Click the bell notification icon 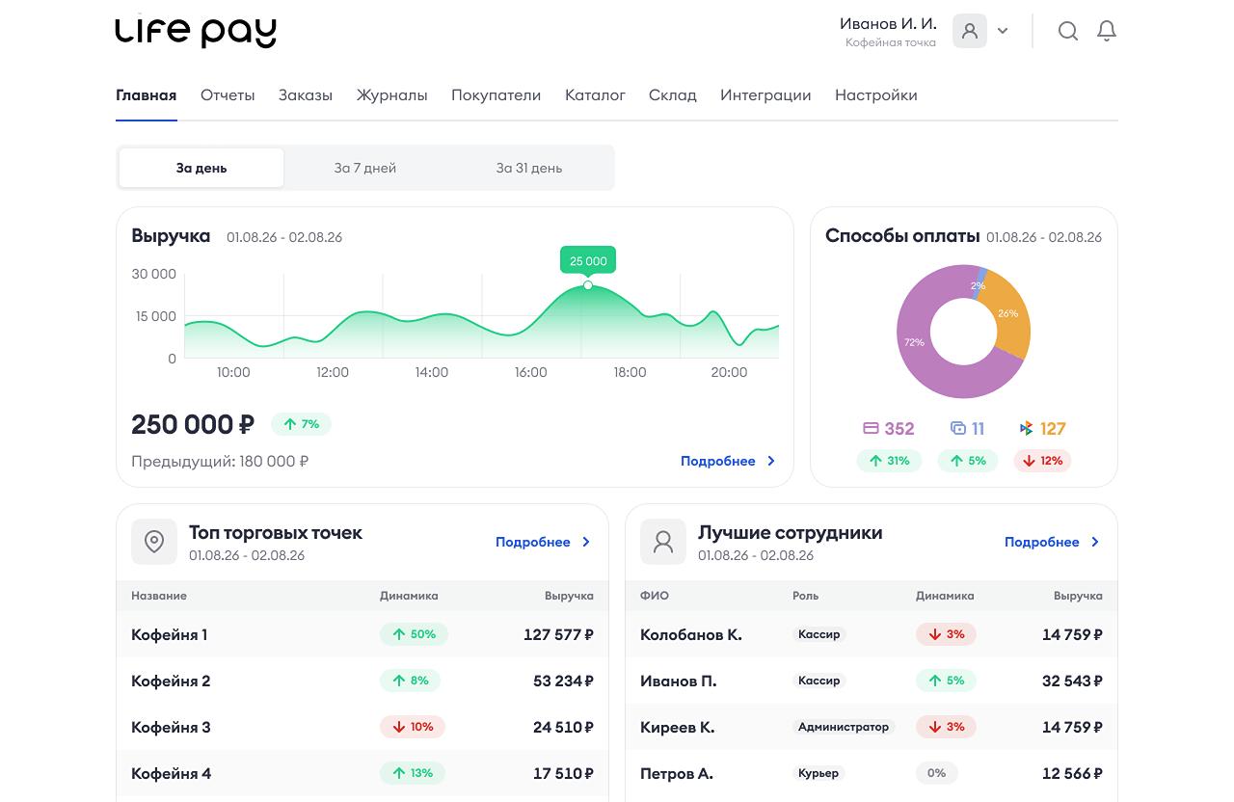pyautogui.click(x=1106, y=31)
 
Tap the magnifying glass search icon pyautogui.click(x=1067, y=31)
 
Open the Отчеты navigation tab pyautogui.click(x=228, y=95)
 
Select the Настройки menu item pyautogui.click(x=876, y=95)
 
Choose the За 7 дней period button pyautogui.click(x=365, y=168)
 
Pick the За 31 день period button pyautogui.click(x=529, y=168)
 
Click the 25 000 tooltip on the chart pyautogui.click(x=588, y=260)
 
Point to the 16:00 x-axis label pyautogui.click(x=530, y=372)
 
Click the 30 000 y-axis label pyautogui.click(x=153, y=274)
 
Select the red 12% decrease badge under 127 pyautogui.click(x=1042, y=461)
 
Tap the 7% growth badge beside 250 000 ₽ pyautogui.click(x=301, y=424)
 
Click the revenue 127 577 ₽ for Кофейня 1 pyautogui.click(x=558, y=634)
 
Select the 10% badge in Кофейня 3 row pyautogui.click(x=412, y=727)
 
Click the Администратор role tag pyautogui.click(x=844, y=727)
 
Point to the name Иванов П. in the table pyautogui.click(x=678, y=682)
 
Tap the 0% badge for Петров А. pyautogui.click(x=936, y=773)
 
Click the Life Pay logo pyautogui.click(x=196, y=33)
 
